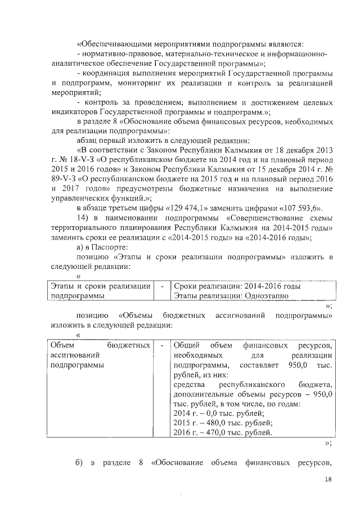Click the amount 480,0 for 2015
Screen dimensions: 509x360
pos(209,422)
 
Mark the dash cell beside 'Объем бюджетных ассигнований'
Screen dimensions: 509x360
pos(162,344)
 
